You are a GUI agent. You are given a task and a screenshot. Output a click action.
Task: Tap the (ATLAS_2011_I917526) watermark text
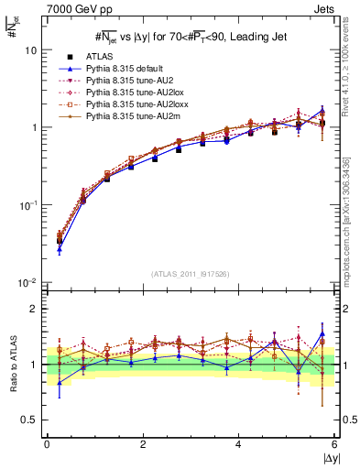[x=190, y=273]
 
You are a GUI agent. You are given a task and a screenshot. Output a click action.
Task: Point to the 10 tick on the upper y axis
[x=30, y=51]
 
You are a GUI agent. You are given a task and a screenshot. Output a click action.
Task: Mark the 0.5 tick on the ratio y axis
[x=30, y=420]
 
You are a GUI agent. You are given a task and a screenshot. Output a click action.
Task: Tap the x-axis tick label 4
[x=238, y=446]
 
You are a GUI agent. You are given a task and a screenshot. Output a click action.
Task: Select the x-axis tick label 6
[x=334, y=446]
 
